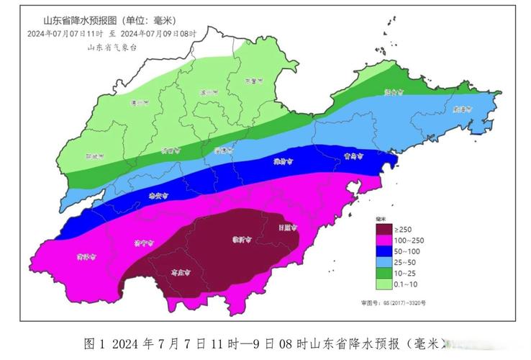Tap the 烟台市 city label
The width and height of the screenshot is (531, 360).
point(393,92)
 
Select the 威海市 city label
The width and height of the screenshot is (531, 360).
point(462,109)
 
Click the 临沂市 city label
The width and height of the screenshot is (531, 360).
point(240,239)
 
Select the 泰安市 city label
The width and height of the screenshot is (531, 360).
point(158,195)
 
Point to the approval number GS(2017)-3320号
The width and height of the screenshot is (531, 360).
point(393,303)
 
